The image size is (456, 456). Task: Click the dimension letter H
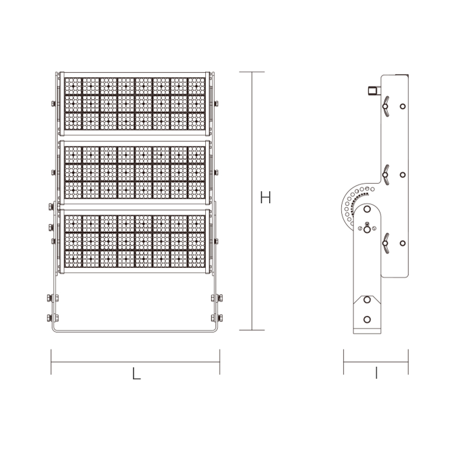click(x=265, y=198)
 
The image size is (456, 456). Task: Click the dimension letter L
click(x=136, y=374)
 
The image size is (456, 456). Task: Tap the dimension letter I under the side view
click(x=376, y=374)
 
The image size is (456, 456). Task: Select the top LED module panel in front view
click(x=135, y=104)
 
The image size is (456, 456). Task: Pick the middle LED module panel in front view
click(x=135, y=173)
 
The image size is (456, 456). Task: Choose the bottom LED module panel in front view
click(x=135, y=242)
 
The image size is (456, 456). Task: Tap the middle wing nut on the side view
click(x=384, y=174)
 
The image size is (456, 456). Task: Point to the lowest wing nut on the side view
click(x=384, y=242)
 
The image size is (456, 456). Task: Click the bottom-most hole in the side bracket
click(x=367, y=320)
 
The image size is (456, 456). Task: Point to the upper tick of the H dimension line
click(x=251, y=72)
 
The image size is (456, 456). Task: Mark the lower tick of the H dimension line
click(x=251, y=330)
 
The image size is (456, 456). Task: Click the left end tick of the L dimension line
click(x=51, y=362)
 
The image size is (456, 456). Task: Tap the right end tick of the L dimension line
click(x=220, y=362)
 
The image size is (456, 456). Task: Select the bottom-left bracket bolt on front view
click(x=50, y=318)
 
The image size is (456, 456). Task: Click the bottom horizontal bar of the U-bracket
click(x=135, y=332)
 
